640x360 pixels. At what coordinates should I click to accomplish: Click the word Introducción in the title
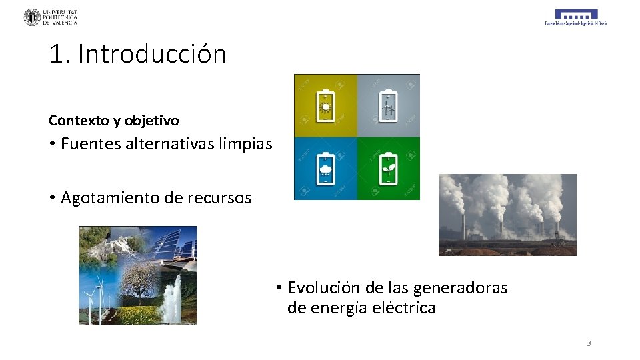[152, 54]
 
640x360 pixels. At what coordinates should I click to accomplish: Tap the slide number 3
[589, 343]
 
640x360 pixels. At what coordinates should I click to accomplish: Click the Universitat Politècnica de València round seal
[32, 17]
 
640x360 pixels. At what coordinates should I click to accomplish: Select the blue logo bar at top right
[576, 14]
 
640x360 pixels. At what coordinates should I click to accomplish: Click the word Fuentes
[91, 143]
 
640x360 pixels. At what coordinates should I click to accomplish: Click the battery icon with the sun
[325, 105]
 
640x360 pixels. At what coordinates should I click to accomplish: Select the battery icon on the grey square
[388, 105]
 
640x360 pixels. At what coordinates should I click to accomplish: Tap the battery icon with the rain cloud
[325, 169]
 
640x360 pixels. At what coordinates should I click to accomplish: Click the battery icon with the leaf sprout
[388, 169]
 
